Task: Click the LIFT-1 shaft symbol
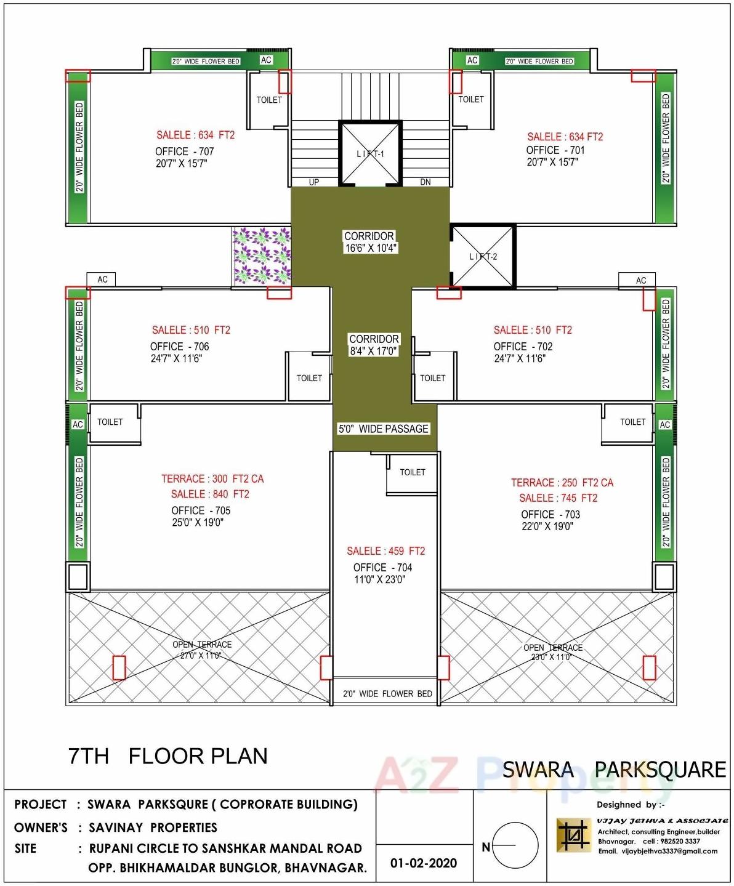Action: (370, 153)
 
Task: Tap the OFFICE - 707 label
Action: (184, 151)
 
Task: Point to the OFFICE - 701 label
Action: (555, 150)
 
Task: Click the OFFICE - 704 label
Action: (382, 568)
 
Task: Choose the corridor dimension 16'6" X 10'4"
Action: (371, 248)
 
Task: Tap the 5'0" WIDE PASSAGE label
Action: (383, 429)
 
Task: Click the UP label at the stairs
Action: (314, 182)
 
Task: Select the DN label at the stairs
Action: (425, 182)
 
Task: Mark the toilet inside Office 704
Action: (412, 473)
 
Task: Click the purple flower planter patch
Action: (262, 256)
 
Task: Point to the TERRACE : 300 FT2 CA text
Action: (212, 479)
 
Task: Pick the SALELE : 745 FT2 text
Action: (558, 498)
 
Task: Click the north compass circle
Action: (515, 846)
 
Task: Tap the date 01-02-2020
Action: (424, 863)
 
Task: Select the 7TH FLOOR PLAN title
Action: (168, 756)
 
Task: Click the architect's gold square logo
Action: (573, 835)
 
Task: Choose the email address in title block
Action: (658, 852)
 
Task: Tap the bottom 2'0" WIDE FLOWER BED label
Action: (387, 694)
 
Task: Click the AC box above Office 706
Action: (102, 280)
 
